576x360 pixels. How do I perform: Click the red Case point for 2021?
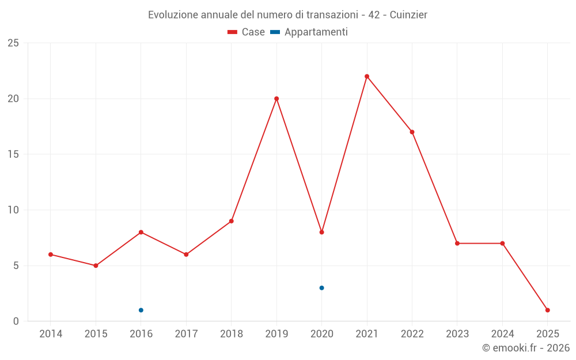point(367,77)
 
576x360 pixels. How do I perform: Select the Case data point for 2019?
point(276,98)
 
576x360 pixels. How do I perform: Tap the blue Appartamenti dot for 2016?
point(141,310)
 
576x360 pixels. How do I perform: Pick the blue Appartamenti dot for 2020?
point(321,288)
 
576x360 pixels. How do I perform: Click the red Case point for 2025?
point(547,310)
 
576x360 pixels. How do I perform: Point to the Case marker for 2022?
point(412,132)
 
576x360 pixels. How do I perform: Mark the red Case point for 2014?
point(51,255)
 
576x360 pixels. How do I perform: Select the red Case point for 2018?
point(231,221)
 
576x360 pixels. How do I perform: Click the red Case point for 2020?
point(321,232)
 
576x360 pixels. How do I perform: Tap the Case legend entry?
point(247,32)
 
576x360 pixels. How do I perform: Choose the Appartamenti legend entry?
point(309,32)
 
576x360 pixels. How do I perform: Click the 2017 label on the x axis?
point(186,334)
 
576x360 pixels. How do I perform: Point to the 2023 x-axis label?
point(457,334)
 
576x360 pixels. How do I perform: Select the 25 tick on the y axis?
point(13,43)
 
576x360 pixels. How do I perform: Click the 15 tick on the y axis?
point(13,154)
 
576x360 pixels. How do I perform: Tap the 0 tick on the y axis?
point(16,321)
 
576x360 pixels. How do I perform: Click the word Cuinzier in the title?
point(408,14)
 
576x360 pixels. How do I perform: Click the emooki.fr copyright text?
point(525,348)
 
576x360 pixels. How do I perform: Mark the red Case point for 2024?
point(502,243)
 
